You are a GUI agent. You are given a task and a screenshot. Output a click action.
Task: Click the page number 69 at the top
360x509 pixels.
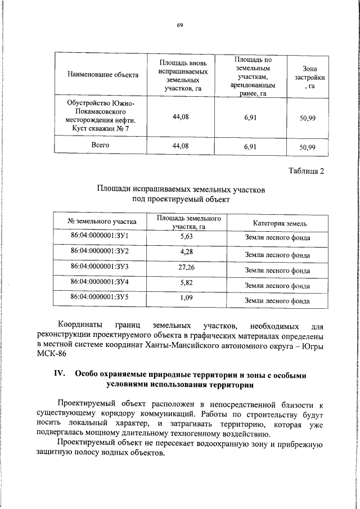[x=180, y=25]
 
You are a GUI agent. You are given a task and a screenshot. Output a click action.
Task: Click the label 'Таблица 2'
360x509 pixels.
[x=306, y=171]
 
